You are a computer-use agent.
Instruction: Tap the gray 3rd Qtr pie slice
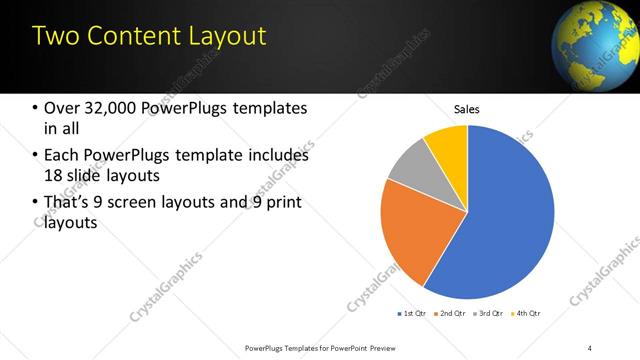408,165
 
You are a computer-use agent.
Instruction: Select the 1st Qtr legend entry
411,314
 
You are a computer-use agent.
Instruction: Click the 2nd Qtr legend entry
450,314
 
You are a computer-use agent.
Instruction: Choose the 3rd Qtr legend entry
488,314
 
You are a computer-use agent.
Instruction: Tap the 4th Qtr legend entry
526,314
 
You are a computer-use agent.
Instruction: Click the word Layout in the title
222,36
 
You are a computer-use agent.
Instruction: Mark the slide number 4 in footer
590,347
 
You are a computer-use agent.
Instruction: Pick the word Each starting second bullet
63,155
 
